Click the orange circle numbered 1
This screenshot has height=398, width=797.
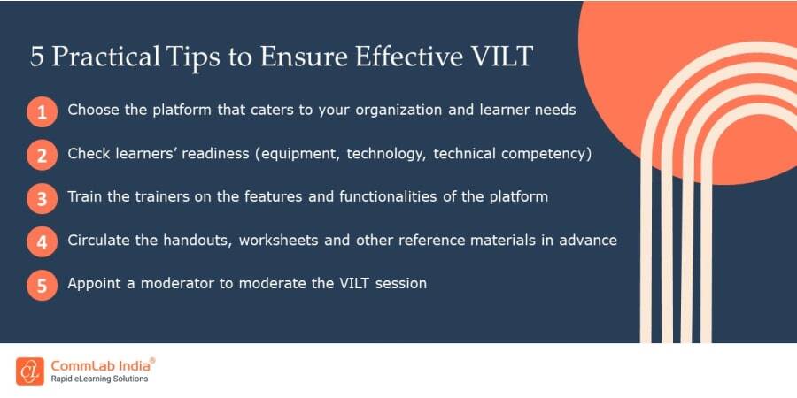(x=41, y=112)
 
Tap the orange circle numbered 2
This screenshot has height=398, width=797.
(x=41, y=156)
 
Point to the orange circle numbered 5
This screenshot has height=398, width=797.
(x=41, y=286)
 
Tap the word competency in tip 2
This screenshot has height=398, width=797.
(x=542, y=154)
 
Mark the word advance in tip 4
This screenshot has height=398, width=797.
(x=586, y=240)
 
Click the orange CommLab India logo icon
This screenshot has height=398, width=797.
(x=30, y=371)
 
